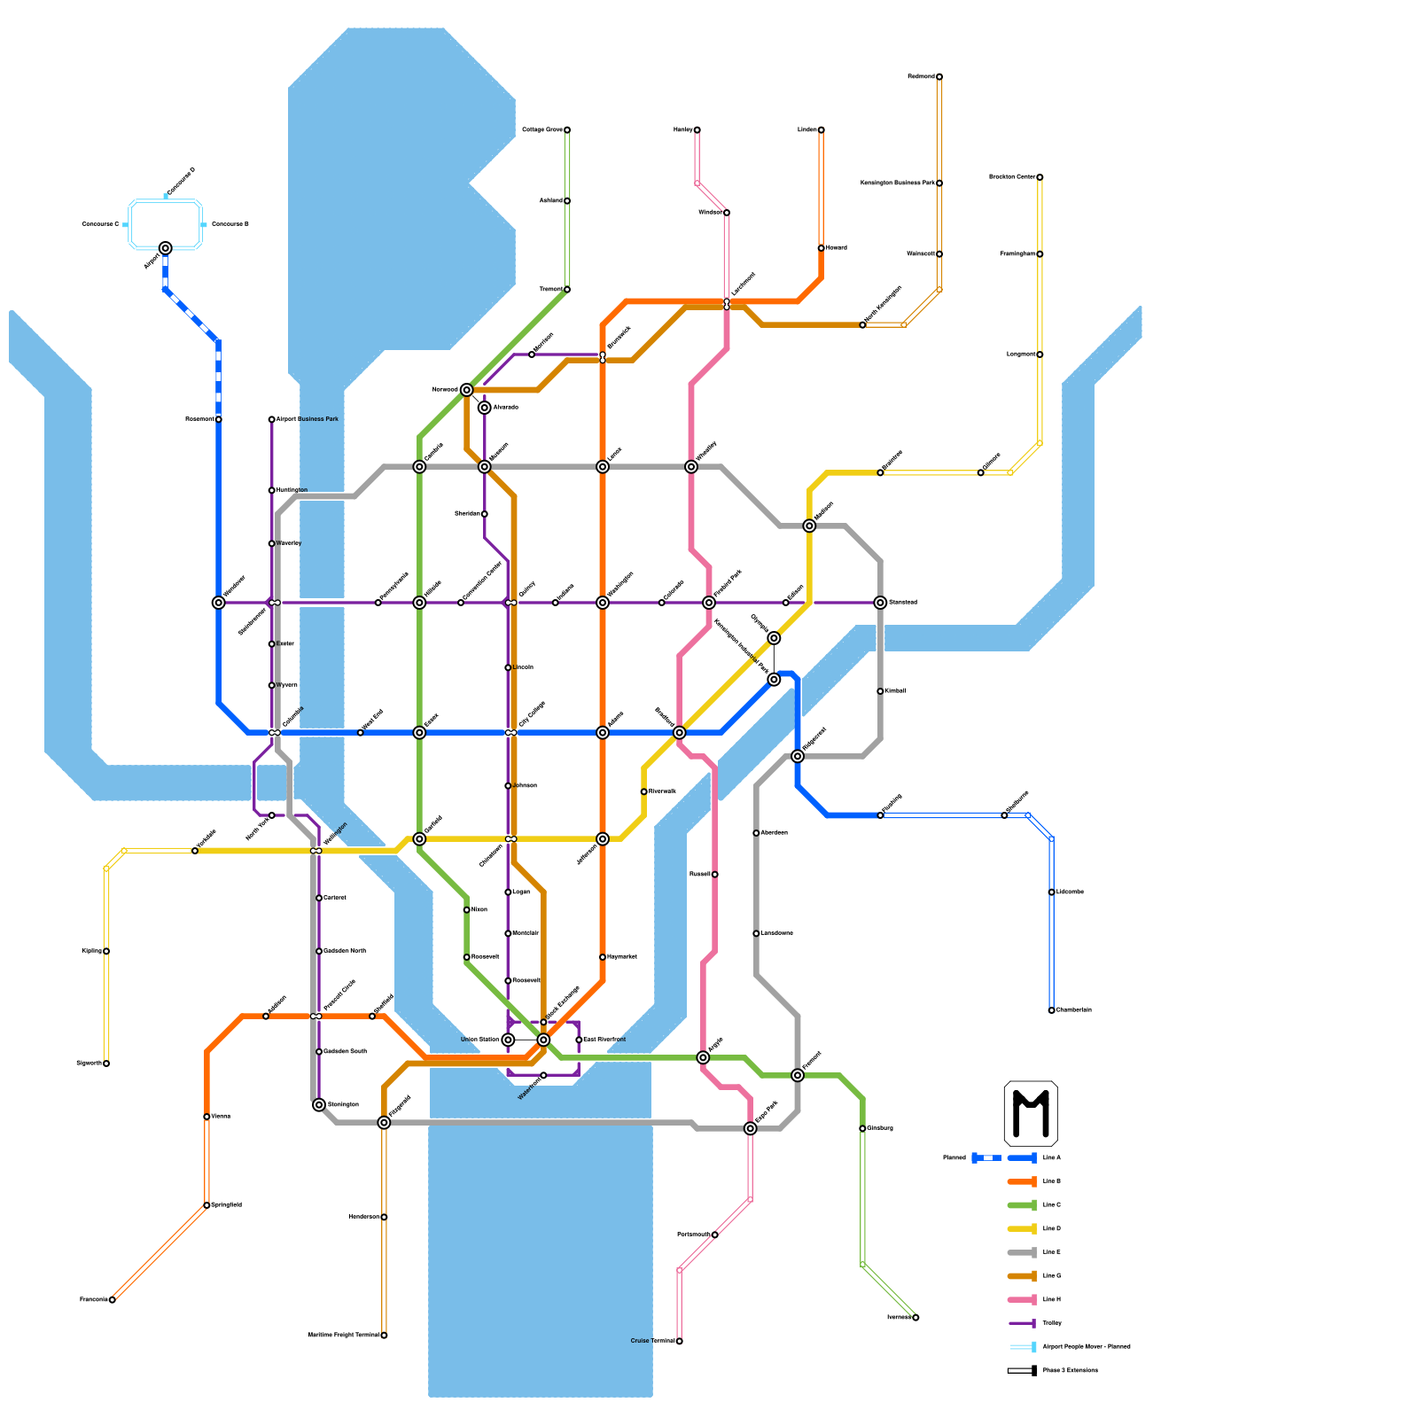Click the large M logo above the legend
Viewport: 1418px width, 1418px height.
coord(1030,1113)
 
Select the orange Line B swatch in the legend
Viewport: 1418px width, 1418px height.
coord(1023,1181)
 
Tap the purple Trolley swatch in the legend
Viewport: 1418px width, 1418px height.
coord(1023,1323)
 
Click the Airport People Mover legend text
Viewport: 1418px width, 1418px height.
coord(1087,1347)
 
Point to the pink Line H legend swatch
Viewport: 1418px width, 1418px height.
coord(1023,1299)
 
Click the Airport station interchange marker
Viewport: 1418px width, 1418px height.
coord(166,248)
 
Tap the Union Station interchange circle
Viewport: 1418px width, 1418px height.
coord(508,1040)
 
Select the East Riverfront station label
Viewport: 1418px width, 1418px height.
coord(605,1040)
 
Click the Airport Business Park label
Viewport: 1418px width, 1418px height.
coord(308,419)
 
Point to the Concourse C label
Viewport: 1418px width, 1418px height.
coord(100,224)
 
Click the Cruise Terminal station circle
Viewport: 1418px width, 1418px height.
coord(680,1341)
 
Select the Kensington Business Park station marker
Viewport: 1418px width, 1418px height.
coord(939,183)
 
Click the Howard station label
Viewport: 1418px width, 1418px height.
coord(837,248)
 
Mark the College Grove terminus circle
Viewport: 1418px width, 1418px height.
coord(567,130)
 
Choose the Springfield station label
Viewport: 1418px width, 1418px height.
coord(226,1205)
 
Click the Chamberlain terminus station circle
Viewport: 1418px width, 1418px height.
coord(1052,1010)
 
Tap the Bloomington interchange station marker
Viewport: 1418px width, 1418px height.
coord(319,1105)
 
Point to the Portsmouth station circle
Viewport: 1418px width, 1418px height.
coord(715,1235)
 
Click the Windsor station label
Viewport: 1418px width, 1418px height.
coord(710,213)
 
